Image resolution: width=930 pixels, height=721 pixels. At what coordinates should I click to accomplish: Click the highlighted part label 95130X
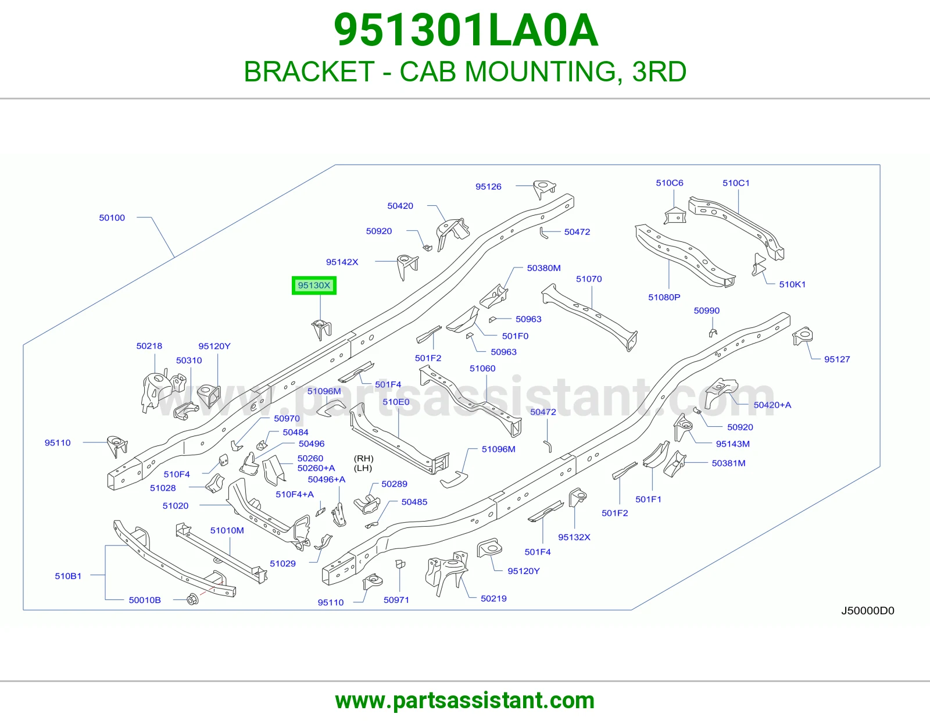pyautogui.click(x=314, y=285)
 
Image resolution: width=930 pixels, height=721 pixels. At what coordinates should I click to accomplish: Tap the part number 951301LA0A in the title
pyautogui.click(x=466, y=30)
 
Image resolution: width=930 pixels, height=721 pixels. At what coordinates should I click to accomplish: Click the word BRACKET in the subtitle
pyautogui.click(x=309, y=72)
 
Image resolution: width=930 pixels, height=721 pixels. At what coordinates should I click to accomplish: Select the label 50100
pyautogui.click(x=112, y=217)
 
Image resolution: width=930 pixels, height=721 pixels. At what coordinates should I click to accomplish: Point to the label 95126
pyautogui.click(x=488, y=186)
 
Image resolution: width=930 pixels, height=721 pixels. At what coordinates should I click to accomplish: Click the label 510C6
pyautogui.click(x=670, y=183)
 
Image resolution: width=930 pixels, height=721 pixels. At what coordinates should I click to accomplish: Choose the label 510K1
pyautogui.click(x=792, y=284)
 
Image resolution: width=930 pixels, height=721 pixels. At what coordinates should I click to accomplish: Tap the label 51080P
pyautogui.click(x=664, y=297)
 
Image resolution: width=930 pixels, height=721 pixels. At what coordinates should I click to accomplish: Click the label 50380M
pyautogui.click(x=543, y=268)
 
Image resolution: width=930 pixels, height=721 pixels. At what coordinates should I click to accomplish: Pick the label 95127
pyautogui.click(x=837, y=359)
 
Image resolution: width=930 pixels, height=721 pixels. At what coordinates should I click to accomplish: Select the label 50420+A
pyautogui.click(x=772, y=405)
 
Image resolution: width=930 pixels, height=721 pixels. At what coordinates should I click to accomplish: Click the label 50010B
pyautogui.click(x=145, y=600)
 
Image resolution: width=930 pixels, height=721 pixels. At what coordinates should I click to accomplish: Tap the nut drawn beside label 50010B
pyautogui.click(x=192, y=599)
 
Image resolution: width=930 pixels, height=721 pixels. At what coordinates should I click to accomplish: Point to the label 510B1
pyautogui.click(x=68, y=576)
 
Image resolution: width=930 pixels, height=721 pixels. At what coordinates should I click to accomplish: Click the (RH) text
pyautogui.click(x=363, y=458)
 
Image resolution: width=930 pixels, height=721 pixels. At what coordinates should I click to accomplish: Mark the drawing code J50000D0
pyautogui.click(x=867, y=611)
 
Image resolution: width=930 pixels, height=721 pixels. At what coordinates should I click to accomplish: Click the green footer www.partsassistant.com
pyautogui.click(x=465, y=701)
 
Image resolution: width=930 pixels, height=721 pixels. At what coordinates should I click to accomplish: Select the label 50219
pyautogui.click(x=493, y=598)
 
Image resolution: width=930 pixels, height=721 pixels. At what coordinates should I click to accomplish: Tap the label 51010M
pyautogui.click(x=227, y=530)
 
